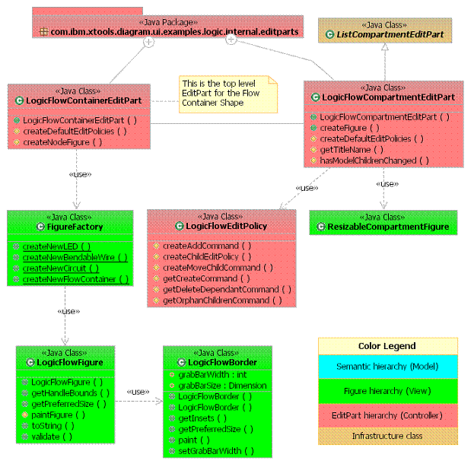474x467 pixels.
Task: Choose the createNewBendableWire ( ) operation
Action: tap(74, 258)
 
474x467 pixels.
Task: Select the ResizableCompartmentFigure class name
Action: tap(389, 227)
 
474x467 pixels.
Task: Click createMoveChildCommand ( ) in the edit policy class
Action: tap(217, 268)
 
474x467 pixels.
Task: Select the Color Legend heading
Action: tap(387, 345)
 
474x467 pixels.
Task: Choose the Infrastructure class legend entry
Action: tap(387, 436)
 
